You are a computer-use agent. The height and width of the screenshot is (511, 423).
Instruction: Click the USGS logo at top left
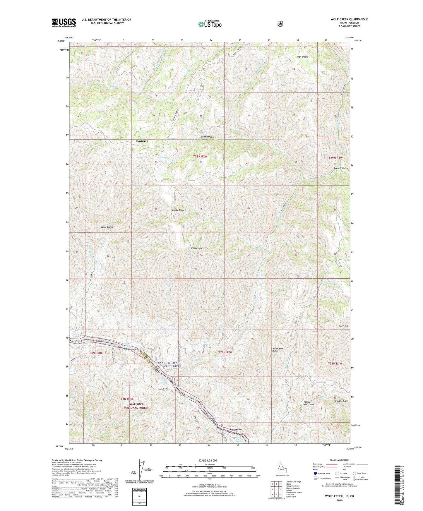[x=64, y=22]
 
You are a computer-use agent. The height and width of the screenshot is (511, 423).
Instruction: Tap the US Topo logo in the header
[x=210, y=24]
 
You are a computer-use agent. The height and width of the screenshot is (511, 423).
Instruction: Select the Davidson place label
[x=142, y=141]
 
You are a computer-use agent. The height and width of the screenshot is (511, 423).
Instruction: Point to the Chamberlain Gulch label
[x=208, y=138]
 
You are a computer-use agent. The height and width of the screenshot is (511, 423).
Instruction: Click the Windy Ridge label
[x=178, y=210]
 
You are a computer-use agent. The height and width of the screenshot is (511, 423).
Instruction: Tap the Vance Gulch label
[x=107, y=227]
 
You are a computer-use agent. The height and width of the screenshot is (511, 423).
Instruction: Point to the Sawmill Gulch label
[x=340, y=168]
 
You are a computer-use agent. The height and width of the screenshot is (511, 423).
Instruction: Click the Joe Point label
[x=343, y=326]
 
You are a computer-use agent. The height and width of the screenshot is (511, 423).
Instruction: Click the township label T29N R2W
[x=200, y=157]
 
